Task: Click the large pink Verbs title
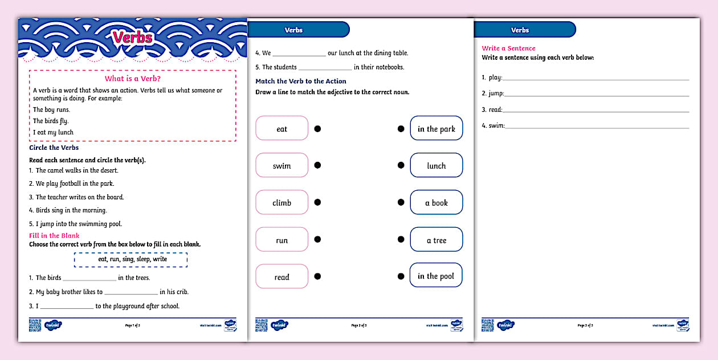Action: (132, 38)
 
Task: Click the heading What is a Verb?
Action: (133, 79)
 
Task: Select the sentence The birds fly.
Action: (51, 121)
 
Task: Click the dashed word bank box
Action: (130, 259)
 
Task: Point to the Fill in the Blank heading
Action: (54, 235)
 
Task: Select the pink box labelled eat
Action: (282, 129)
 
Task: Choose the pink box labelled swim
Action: (282, 166)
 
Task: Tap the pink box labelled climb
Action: (282, 203)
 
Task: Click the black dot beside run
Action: (317, 240)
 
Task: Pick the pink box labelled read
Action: (282, 277)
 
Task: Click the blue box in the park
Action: (436, 129)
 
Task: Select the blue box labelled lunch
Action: (436, 166)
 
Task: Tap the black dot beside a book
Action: (401, 203)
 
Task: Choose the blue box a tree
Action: (436, 240)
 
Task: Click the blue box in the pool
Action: (436, 276)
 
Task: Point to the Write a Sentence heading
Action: (508, 48)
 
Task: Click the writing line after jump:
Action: (596, 94)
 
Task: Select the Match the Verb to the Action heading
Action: (300, 81)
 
